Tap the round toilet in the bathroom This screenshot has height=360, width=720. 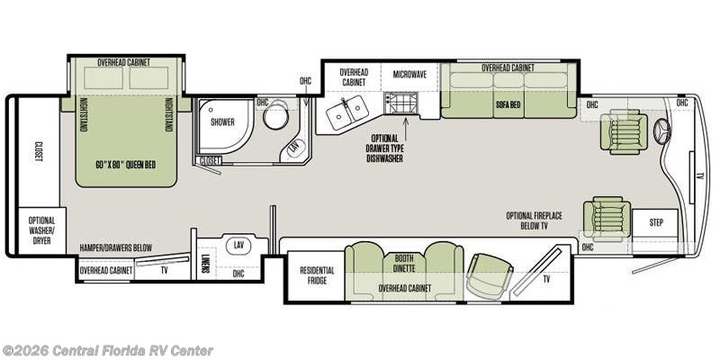click(x=275, y=115)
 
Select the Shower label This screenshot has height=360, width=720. click(x=222, y=122)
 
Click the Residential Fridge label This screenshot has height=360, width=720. click(x=317, y=275)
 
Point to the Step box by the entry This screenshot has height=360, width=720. click(x=655, y=223)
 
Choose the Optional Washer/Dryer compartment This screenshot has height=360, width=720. click(x=41, y=230)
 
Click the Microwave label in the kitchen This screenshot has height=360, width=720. click(x=410, y=74)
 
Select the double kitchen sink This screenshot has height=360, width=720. click(x=347, y=111)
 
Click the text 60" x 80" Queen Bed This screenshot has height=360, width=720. click(x=126, y=165)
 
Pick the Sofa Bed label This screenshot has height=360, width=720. click(x=508, y=104)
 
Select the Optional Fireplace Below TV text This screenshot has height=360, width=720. click(x=534, y=220)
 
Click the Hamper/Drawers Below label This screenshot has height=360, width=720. click(x=115, y=247)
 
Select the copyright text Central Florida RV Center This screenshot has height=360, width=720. click(x=106, y=350)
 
